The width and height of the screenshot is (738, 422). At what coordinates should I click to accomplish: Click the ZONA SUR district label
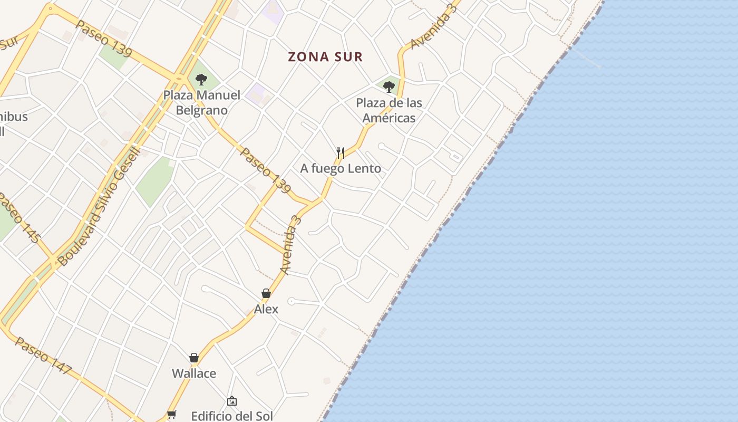[x=325, y=57]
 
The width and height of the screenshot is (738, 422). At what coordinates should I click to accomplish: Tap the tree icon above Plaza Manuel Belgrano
[x=201, y=80]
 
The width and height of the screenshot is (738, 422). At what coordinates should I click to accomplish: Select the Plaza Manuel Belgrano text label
[x=201, y=103]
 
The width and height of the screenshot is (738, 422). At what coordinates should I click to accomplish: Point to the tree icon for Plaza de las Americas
[x=389, y=87]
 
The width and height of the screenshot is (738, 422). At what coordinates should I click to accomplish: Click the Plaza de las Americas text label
[x=389, y=110]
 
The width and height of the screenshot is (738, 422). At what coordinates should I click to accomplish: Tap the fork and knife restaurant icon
[x=341, y=153]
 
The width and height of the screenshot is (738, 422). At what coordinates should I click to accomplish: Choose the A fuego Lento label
[x=341, y=169]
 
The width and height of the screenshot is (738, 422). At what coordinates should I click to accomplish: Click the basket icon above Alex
[x=266, y=293]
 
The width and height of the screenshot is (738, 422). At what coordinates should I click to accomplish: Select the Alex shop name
[x=266, y=309]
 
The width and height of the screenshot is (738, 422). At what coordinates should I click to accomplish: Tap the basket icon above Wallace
[x=194, y=358]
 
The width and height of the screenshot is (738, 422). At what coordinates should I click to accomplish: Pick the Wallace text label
[x=194, y=373]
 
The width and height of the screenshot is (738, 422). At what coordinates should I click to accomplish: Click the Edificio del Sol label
[x=232, y=416]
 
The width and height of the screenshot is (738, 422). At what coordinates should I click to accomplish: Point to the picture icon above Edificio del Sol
[x=232, y=401]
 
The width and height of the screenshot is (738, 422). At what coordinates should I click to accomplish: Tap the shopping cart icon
[x=171, y=415]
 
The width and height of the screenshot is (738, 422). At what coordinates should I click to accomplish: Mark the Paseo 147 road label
[x=43, y=356]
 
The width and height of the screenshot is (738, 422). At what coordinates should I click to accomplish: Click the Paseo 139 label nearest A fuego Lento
[x=266, y=170]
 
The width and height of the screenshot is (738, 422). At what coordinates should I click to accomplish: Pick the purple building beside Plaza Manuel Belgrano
[x=257, y=93]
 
